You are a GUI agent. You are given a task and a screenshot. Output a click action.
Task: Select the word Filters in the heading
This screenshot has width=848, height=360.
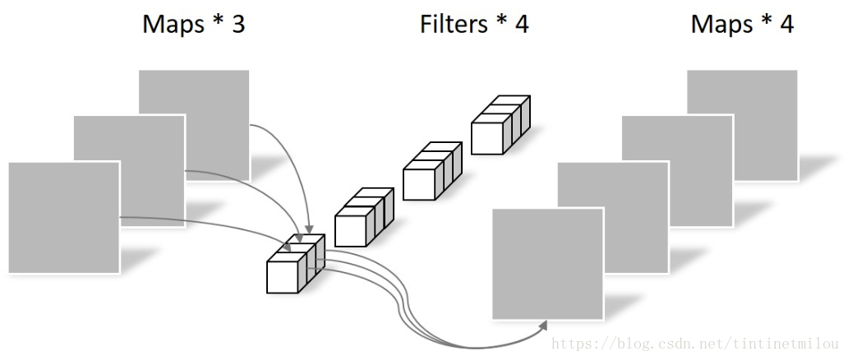click(x=454, y=24)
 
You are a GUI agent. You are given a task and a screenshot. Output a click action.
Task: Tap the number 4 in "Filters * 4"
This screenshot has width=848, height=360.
click(x=521, y=24)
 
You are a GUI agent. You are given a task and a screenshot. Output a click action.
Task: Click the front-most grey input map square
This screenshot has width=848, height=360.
click(x=63, y=217)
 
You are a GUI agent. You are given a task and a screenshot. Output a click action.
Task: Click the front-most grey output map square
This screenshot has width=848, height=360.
click(x=547, y=263)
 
